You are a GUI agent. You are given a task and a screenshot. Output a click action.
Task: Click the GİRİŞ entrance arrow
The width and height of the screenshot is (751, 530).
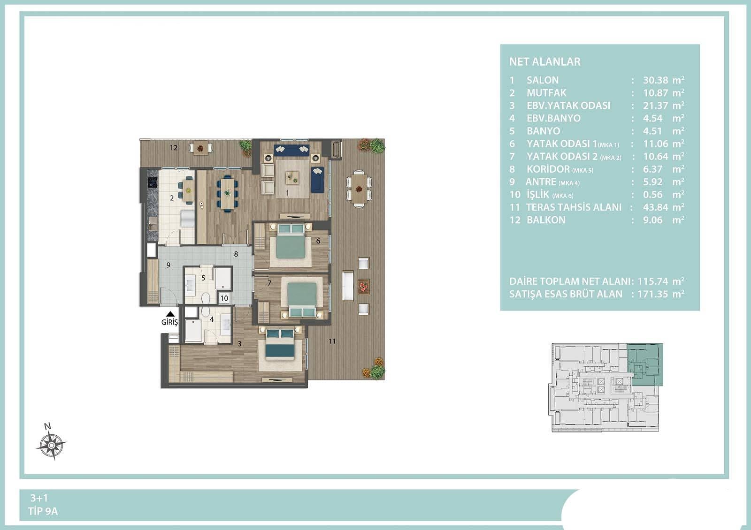170,314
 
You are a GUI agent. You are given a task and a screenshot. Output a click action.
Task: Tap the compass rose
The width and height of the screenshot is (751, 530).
51,445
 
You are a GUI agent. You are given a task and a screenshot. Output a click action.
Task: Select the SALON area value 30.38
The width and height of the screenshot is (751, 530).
655,80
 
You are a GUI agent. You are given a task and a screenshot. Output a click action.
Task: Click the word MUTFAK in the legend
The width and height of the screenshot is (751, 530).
546,93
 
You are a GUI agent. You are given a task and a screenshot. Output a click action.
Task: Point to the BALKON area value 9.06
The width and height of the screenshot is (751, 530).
652,220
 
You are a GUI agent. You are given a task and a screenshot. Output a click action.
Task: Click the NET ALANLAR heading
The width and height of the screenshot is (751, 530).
545,61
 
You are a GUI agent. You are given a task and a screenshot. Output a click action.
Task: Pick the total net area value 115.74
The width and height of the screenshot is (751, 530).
653,281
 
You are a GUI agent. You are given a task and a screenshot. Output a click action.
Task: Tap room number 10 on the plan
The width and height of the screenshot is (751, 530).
224,298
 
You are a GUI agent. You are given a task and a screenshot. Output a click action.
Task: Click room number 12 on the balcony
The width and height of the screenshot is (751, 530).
173,148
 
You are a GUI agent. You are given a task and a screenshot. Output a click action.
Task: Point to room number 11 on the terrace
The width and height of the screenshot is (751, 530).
332,341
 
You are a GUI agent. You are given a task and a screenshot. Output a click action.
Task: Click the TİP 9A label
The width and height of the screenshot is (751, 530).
43,512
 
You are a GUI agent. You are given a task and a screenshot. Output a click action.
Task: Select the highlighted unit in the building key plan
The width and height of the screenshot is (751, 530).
645,364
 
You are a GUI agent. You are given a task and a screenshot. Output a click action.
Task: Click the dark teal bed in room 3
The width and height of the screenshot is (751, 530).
280,345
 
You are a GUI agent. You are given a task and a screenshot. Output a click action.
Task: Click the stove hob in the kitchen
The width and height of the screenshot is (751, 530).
153,182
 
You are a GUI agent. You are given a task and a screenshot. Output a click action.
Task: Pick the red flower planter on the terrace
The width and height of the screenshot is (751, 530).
363,287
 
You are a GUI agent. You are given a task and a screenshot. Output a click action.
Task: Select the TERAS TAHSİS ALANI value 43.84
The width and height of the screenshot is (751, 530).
655,207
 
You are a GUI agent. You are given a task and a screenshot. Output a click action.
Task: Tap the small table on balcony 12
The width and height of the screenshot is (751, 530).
200,148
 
